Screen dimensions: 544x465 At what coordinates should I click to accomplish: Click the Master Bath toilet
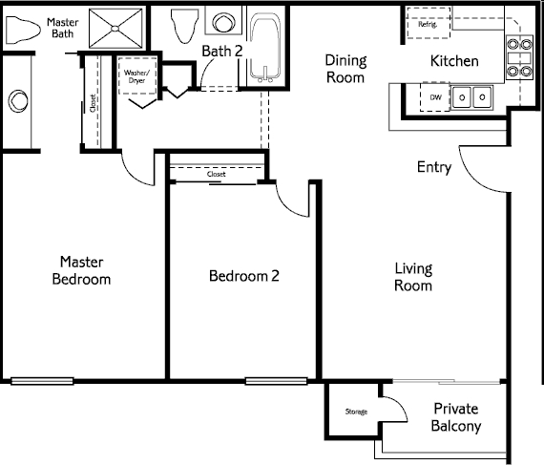coord(23,30)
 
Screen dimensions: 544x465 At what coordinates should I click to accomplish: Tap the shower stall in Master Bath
coord(115,28)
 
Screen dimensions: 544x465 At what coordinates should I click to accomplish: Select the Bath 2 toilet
coord(185,26)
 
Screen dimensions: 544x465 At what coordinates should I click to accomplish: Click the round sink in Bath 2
coord(223,22)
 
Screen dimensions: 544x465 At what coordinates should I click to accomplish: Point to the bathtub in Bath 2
coord(265,47)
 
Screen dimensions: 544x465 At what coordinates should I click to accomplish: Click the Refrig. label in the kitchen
coord(428,24)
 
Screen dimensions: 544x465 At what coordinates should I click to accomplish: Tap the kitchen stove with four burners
coord(519,57)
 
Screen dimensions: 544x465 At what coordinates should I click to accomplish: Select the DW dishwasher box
coord(435,97)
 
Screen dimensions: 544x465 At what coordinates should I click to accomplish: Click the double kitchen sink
coord(471,97)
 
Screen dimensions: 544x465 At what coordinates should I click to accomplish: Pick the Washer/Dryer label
coord(136,76)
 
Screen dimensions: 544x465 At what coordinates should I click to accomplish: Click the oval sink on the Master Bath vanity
coord(18,101)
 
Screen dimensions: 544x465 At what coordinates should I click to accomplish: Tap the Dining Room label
coord(345,69)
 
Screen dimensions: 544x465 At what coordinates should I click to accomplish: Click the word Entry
coord(434,167)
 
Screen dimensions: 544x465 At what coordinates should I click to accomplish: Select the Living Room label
coord(413,277)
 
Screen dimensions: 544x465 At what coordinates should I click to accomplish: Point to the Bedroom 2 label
coord(244,276)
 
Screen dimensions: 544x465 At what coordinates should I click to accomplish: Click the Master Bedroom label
coord(81,270)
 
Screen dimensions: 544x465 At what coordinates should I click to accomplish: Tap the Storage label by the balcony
coord(356,412)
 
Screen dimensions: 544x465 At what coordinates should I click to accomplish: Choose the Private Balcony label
coord(456,417)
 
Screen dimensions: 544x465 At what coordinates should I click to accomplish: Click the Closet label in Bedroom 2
coord(216,174)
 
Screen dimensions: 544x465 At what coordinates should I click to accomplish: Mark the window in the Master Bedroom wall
coord(42,381)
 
